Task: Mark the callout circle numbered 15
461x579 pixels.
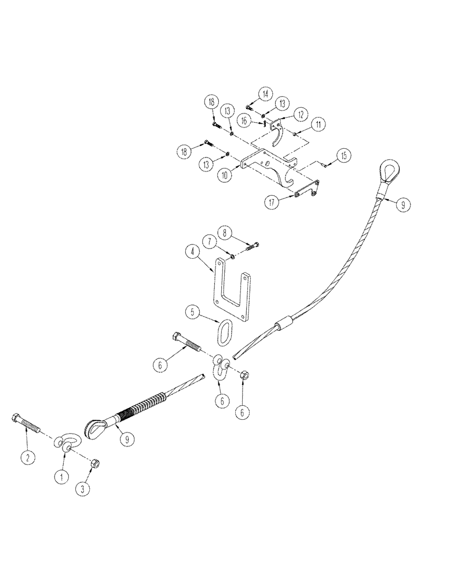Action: (343, 155)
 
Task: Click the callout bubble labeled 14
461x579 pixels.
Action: (266, 94)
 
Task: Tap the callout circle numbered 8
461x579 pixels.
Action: (226, 234)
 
